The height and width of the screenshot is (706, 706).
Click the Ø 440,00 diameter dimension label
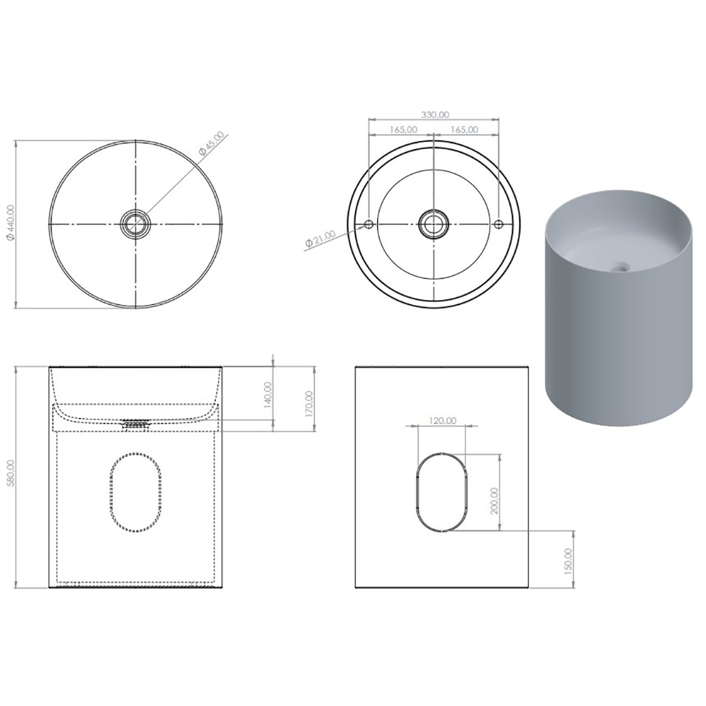(11, 222)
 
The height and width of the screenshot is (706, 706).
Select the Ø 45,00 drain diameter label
(211, 143)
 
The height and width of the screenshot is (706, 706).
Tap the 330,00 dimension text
(435, 115)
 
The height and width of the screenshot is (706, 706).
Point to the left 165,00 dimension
(403, 129)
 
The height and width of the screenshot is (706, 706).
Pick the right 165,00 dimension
(465, 129)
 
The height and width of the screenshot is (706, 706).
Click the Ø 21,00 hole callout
(320, 238)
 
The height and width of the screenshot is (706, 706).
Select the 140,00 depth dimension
(268, 395)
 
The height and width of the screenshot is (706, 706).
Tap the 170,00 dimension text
(309, 403)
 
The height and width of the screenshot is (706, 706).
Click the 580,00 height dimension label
(11, 473)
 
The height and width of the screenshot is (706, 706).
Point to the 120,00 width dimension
(442, 421)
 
